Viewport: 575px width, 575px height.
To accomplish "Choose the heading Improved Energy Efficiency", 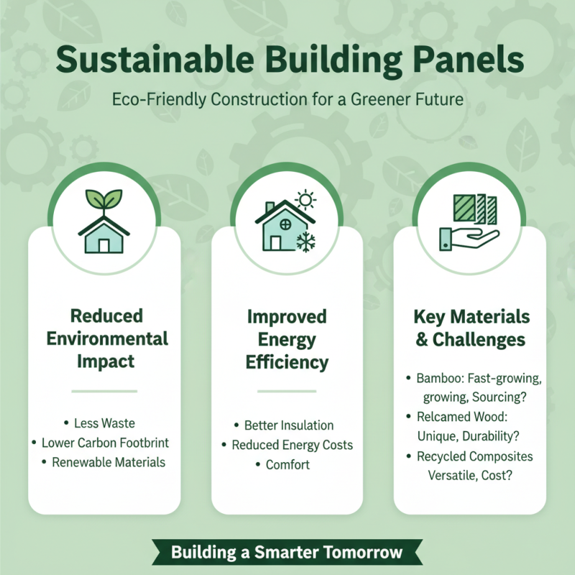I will [x=287, y=339].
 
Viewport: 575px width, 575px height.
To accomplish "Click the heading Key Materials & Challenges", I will [x=471, y=328].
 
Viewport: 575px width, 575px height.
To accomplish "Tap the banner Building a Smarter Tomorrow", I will [x=287, y=553].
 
